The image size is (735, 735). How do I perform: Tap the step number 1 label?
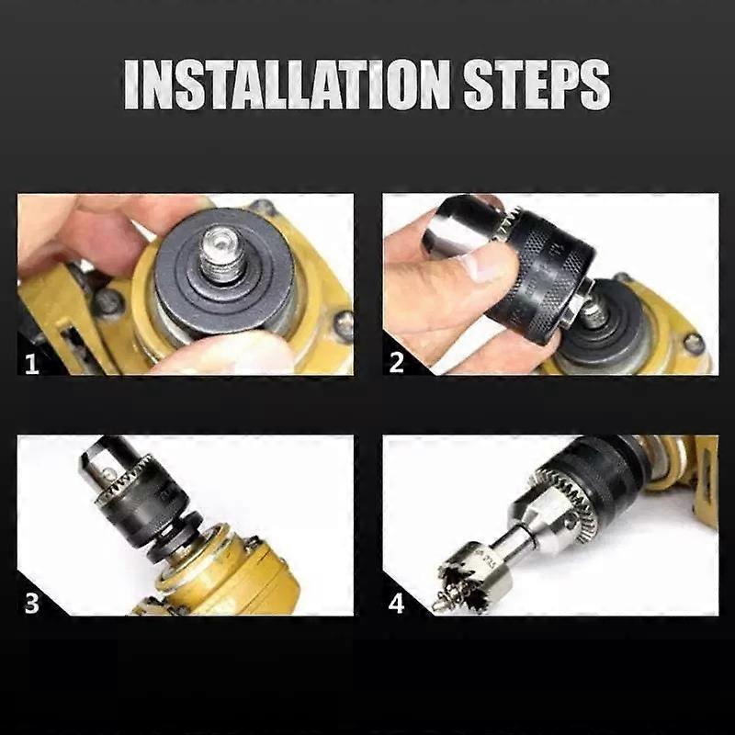32,363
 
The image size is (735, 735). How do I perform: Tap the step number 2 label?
397,362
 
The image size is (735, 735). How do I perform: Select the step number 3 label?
32,604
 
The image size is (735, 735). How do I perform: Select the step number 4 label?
397,604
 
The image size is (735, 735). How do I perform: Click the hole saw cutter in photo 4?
469,574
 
